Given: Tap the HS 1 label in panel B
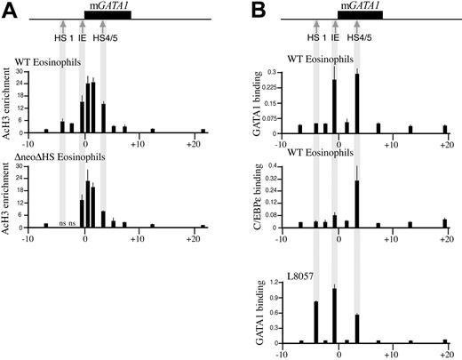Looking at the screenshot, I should click(x=315, y=36).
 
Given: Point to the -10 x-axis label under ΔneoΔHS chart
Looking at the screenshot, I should click(x=28, y=238).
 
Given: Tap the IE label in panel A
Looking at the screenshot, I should click(x=85, y=36).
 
